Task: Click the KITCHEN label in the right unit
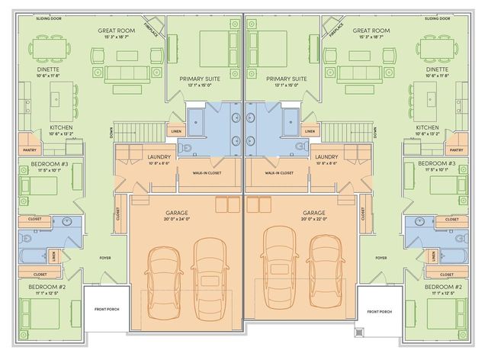pyautogui.click(x=427, y=127)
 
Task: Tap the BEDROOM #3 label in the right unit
pyautogui.click(x=437, y=164)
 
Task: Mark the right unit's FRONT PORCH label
pyautogui.click(x=379, y=311)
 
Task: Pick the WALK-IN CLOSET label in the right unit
pyautogui.click(x=279, y=173)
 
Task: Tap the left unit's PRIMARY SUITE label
pyautogui.click(x=201, y=79)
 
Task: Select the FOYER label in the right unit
pyautogui.click(x=380, y=258)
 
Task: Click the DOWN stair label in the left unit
pyautogui.click(x=111, y=133)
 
